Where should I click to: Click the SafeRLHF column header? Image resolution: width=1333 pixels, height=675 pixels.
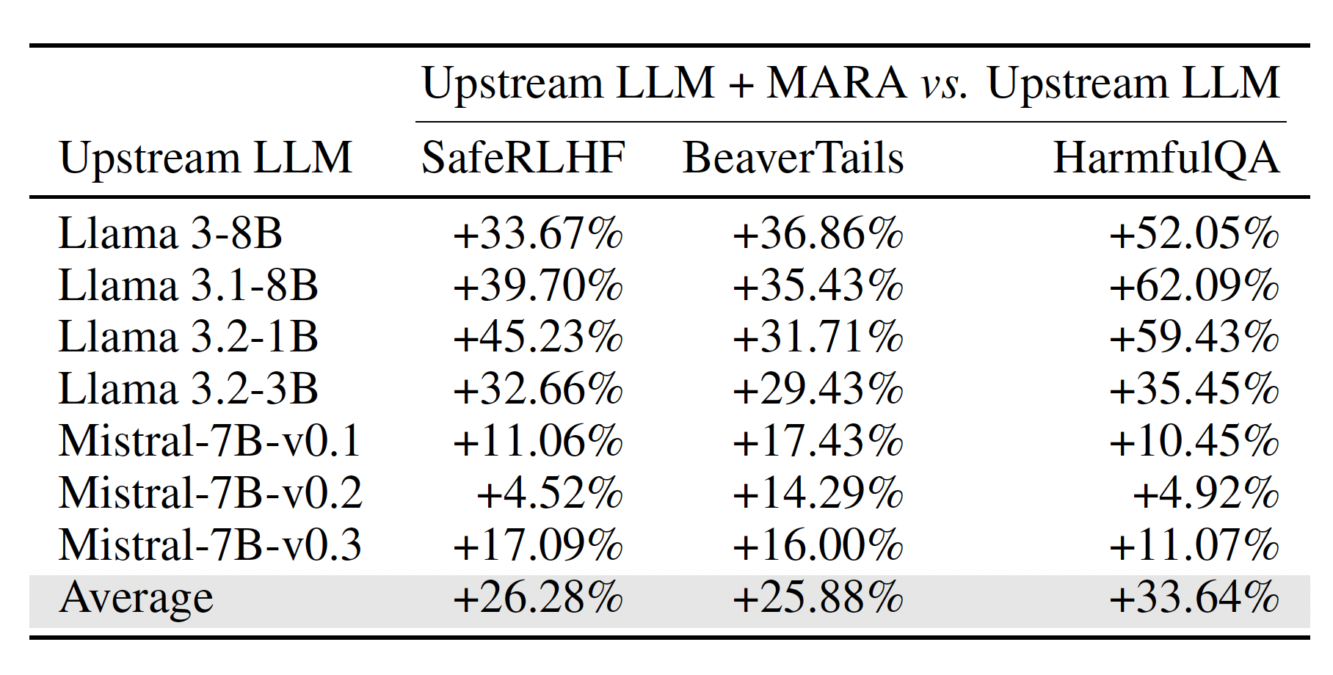(x=523, y=158)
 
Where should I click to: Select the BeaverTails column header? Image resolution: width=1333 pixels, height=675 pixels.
(x=793, y=158)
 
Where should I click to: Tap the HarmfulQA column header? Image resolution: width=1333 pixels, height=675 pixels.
(x=1166, y=158)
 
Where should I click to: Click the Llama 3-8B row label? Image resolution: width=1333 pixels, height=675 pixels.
(x=170, y=233)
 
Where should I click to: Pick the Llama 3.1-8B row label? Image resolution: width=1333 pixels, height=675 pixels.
(x=189, y=285)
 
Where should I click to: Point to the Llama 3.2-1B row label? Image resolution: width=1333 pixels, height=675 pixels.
(x=189, y=337)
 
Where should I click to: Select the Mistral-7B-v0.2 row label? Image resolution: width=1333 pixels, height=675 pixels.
(x=211, y=492)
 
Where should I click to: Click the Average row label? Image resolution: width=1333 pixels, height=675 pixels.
(x=137, y=598)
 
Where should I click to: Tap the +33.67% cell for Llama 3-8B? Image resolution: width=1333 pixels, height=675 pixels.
(x=538, y=233)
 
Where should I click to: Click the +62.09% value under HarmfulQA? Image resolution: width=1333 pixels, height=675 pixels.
(x=1194, y=285)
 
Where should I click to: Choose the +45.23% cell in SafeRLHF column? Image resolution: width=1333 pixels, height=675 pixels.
(x=538, y=337)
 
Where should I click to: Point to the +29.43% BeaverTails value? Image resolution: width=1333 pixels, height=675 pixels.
(x=818, y=389)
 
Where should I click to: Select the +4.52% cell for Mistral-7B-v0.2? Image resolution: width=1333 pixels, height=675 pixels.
(x=550, y=492)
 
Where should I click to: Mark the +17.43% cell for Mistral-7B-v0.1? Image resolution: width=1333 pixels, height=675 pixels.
(x=818, y=441)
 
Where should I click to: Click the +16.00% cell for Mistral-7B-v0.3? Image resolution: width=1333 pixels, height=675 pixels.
(x=818, y=544)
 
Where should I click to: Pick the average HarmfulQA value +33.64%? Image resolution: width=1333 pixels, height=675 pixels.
(x=1194, y=597)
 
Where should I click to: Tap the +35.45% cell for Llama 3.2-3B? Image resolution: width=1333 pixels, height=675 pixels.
(x=1194, y=389)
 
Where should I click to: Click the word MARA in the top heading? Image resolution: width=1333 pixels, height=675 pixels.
(x=837, y=82)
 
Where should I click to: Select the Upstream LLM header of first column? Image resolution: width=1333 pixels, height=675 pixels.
(x=206, y=158)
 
